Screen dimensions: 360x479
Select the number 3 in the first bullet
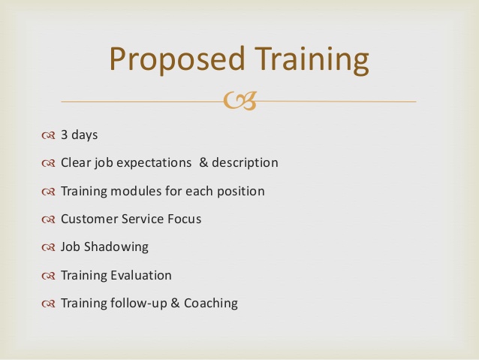pos(65,135)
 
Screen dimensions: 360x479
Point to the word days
pos(85,136)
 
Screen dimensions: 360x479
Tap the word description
pos(246,163)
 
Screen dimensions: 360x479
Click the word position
pos(239,192)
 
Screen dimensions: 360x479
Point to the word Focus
pos(185,219)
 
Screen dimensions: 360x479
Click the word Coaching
pos(210,304)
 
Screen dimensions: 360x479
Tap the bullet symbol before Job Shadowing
pos(49,247)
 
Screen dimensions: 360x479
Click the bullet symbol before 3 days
pos(49,136)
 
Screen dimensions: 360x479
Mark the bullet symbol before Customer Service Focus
pos(49,219)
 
